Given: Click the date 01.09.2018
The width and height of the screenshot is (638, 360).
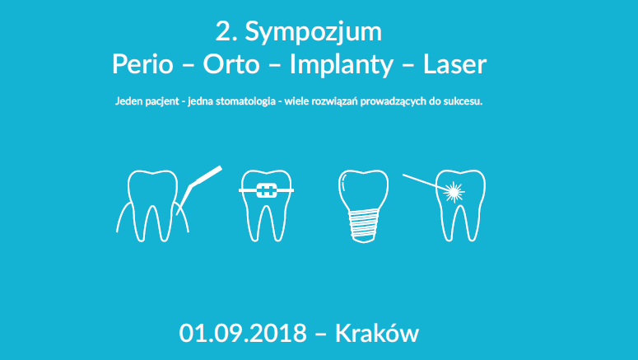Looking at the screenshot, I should point(243,334).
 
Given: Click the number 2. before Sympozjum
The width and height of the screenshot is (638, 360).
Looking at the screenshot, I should point(225,34).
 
